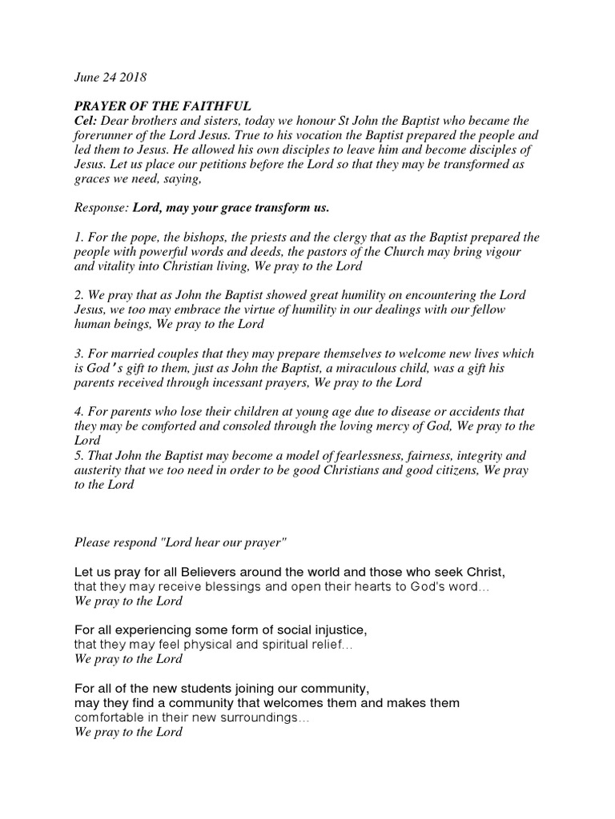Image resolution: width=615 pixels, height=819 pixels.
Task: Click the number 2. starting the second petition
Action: [x=79, y=295]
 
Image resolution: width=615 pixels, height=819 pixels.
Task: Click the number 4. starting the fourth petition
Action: [x=79, y=412]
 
